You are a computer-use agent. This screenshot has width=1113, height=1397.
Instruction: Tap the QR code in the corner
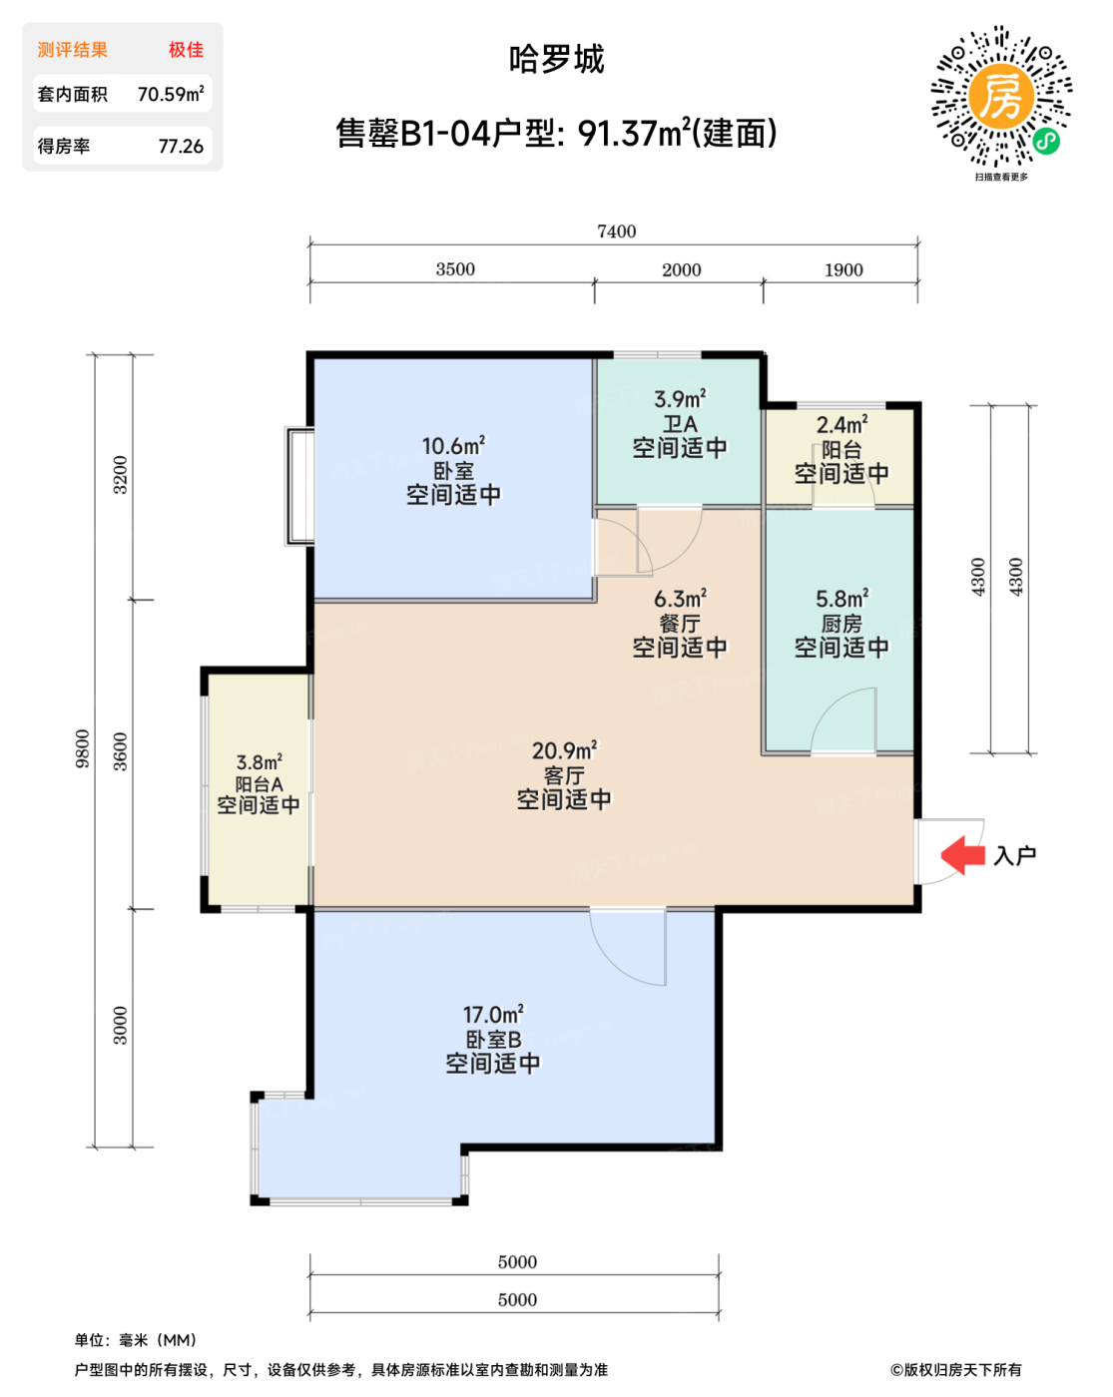pyautogui.click(x=1000, y=96)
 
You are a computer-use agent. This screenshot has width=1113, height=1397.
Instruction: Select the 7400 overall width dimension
pyautogui.click(x=616, y=232)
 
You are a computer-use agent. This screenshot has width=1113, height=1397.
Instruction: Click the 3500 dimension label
pyautogui.click(x=454, y=269)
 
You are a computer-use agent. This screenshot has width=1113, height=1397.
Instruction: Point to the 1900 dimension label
pyautogui.click(x=842, y=270)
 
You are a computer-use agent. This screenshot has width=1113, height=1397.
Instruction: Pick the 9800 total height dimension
pyautogui.click(x=83, y=748)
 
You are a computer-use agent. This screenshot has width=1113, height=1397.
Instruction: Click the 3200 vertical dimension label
pyautogui.click(x=121, y=475)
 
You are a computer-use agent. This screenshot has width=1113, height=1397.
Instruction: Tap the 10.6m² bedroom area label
pyautogui.click(x=453, y=446)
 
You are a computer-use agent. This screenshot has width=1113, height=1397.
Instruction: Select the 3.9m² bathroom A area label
pyautogui.click(x=679, y=398)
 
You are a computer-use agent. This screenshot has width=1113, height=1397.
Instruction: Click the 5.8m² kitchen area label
pyautogui.click(x=841, y=599)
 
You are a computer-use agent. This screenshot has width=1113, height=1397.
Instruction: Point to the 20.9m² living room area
pyautogui.click(x=564, y=750)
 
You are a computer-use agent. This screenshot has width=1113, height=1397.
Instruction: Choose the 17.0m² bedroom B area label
pyautogui.click(x=493, y=1014)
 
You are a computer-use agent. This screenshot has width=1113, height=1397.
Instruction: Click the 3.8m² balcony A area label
pyautogui.click(x=259, y=762)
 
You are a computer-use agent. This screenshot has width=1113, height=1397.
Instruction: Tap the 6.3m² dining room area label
pyautogui.click(x=679, y=599)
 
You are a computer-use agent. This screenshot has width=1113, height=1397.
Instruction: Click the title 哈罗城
pyautogui.click(x=556, y=60)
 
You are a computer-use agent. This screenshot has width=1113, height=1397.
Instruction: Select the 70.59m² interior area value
pyautogui.click(x=171, y=94)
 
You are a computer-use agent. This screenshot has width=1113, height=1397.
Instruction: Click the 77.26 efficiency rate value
pyautogui.click(x=181, y=146)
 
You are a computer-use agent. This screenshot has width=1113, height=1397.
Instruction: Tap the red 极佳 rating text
pyautogui.click(x=186, y=50)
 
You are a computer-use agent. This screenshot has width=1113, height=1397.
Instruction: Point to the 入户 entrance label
pyautogui.click(x=1014, y=855)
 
